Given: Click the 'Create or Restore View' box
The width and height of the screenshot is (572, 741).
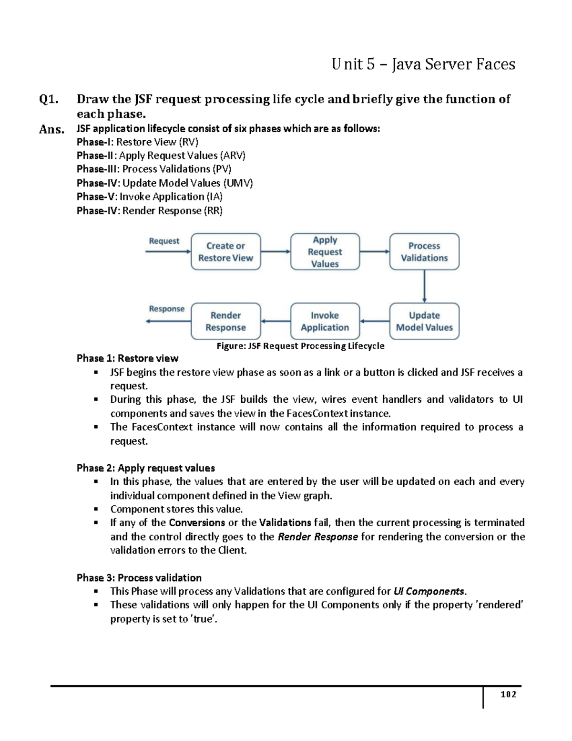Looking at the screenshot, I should tap(225, 251).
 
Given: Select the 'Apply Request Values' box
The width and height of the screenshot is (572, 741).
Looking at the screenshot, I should tap(325, 251).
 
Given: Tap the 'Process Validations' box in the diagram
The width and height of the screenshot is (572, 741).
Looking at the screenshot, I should tap(424, 251).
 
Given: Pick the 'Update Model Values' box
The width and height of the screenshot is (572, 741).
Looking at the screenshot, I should tap(424, 321).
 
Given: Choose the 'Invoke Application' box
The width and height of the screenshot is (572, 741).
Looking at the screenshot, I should tap(325, 321).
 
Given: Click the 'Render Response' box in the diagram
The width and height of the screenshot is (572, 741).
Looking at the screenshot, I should tap(225, 321).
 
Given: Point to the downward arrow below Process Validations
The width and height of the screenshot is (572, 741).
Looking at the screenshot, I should tap(424, 286).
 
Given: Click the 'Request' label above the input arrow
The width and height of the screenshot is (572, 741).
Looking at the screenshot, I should tap(164, 241).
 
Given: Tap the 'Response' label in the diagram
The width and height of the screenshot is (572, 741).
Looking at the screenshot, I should tap(166, 309).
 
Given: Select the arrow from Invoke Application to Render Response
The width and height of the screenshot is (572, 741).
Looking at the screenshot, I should tap(276, 321).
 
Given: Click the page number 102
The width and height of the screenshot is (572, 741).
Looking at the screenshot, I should tap(508, 694).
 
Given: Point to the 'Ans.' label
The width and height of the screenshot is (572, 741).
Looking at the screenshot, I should tap(51, 129).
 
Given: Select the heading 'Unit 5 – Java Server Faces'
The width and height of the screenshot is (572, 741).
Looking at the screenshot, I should tap(423, 64).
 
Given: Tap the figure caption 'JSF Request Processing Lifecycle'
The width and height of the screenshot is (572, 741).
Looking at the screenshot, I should tap(300, 346).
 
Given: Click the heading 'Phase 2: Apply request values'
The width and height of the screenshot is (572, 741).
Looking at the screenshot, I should tap(145, 468).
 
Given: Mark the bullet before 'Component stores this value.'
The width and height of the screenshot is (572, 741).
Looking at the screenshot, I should tap(96, 509).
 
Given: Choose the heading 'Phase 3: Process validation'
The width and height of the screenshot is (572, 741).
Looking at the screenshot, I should tap(139, 578).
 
